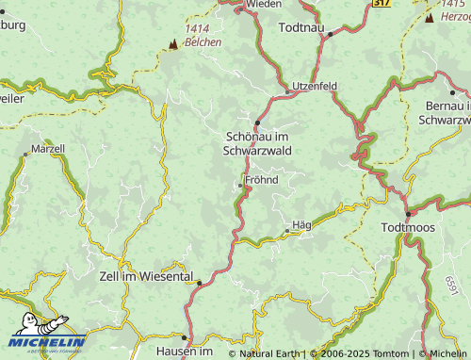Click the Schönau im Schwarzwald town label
click(x=257, y=143)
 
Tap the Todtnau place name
click(x=304, y=28)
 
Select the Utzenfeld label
click(x=314, y=86)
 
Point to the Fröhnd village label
click(x=261, y=179)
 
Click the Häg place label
click(x=301, y=224)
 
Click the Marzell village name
click(x=48, y=149)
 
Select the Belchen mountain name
click(x=203, y=42)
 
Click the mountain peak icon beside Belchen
click(x=172, y=43)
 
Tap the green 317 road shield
click(x=381, y=4)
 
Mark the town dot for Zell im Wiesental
click(x=200, y=281)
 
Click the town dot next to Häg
click(x=286, y=229)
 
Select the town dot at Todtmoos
click(x=407, y=215)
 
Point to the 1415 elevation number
click(x=451, y=4)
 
